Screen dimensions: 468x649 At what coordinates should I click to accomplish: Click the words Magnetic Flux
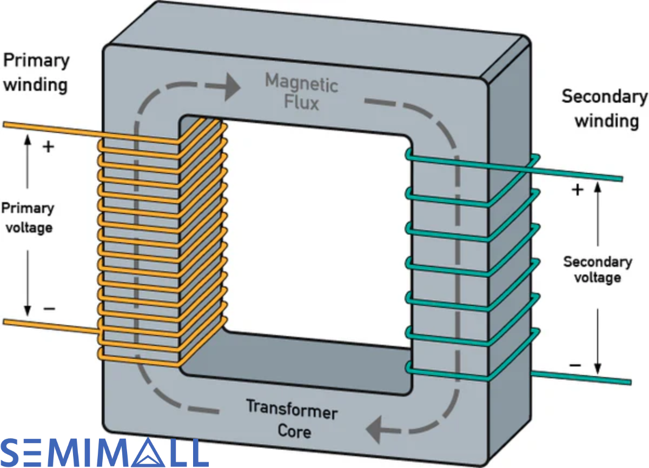[x=301, y=92]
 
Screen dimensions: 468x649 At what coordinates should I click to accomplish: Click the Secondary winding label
[x=605, y=109]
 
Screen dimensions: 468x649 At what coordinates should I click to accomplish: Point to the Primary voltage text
[x=28, y=217]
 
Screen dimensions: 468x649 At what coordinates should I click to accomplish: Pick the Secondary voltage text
[x=598, y=270]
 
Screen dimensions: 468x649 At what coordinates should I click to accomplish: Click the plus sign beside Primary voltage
[x=48, y=146]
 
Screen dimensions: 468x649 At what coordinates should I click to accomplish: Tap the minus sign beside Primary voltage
[x=49, y=309]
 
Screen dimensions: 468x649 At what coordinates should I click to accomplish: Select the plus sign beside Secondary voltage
[x=577, y=190]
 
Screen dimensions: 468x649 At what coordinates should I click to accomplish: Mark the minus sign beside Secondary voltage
[x=576, y=366]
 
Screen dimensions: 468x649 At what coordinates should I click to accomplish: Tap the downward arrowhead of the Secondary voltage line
[x=598, y=370]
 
